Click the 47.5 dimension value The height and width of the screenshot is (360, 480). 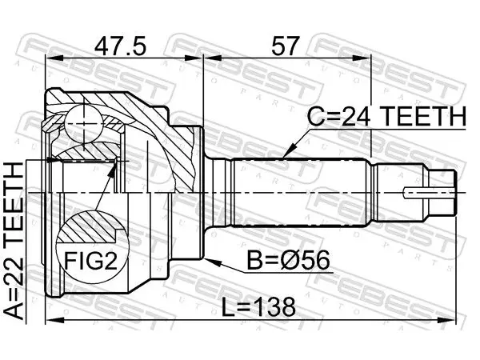coord(120,46)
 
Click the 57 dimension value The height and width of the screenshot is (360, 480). coord(284,46)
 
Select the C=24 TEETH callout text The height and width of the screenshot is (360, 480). coord(386,117)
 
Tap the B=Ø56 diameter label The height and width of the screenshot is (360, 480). coord(288,260)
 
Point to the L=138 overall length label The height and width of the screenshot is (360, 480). coord(258,307)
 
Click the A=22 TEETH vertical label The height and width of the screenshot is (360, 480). coord(14,241)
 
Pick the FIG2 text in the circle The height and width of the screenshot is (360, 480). coord(90,260)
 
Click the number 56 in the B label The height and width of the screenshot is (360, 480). coord(317,260)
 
